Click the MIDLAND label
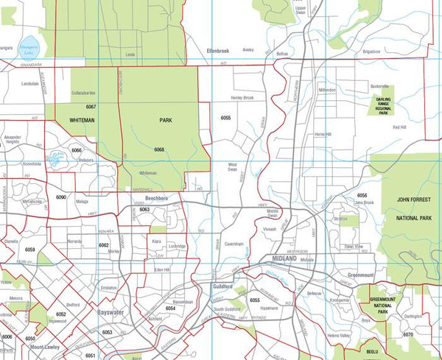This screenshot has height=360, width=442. pos(283,260)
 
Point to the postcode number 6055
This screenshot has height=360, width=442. pos(225,118)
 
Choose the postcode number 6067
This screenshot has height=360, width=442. pos(91,107)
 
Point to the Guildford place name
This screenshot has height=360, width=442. pos(223,287)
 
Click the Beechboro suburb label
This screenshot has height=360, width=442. pos(156,198)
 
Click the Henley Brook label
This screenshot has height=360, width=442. pos(242,98)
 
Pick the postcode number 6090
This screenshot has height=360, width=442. pos(61,197)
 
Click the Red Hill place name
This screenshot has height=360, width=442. pos(399,127)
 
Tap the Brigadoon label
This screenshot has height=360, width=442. pos(371,52)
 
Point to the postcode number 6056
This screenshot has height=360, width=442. pos(362,195)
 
